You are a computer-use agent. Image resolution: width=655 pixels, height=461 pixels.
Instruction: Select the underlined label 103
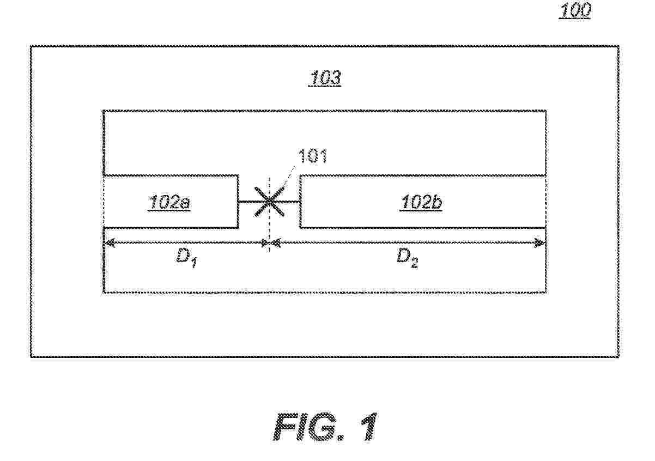pyautogui.click(x=325, y=78)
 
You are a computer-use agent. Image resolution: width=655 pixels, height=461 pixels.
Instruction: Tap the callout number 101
pyautogui.click(x=313, y=156)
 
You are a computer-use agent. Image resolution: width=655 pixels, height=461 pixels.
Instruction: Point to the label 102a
pyautogui.click(x=169, y=202)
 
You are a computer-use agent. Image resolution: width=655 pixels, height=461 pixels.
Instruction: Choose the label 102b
pyautogui.click(x=421, y=202)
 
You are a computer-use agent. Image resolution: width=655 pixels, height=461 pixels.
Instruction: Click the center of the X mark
pyautogui.click(x=269, y=202)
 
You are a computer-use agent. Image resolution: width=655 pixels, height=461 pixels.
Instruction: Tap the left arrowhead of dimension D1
pyautogui.click(x=110, y=242)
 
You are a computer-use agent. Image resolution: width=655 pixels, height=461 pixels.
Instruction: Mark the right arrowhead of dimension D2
pyautogui.click(x=539, y=242)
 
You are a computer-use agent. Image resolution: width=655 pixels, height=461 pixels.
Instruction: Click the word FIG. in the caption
pyautogui.click(x=308, y=427)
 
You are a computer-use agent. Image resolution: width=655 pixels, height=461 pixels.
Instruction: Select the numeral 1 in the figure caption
pyautogui.click(x=369, y=427)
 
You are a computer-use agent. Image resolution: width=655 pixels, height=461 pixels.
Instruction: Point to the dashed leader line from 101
pyautogui.click(x=289, y=178)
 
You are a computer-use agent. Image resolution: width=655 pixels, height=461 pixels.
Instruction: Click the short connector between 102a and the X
pyautogui.click(x=247, y=202)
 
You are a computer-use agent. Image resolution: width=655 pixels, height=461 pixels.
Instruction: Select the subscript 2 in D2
pyautogui.click(x=415, y=264)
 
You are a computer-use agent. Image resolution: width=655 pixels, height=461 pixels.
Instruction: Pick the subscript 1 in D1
pyautogui.click(x=194, y=264)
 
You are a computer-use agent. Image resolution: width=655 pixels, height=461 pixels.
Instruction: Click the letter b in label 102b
pyautogui.click(x=437, y=202)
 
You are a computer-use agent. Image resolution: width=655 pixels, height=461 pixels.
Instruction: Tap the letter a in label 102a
pyautogui.click(x=185, y=204)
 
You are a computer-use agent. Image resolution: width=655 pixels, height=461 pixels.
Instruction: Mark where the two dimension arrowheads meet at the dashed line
pyautogui.click(x=270, y=242)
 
